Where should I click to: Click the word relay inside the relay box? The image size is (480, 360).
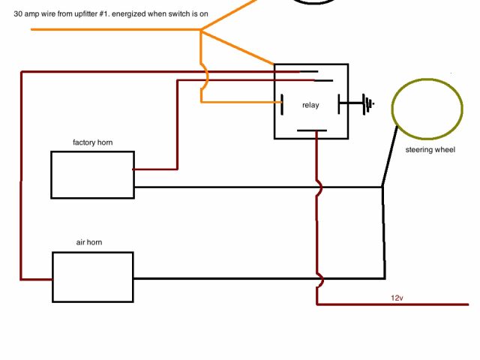(310, 105)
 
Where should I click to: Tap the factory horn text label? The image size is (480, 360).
(93, 142)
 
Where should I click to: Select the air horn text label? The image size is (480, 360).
(89, 243)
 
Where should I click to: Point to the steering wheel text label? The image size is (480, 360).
(430, 150)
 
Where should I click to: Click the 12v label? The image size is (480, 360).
(397, 298)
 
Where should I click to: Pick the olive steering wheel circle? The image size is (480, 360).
(427, 109)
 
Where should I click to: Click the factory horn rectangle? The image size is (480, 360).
(92, 175)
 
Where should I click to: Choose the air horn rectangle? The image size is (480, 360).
(92, 277)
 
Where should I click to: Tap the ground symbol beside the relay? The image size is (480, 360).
(367, 103)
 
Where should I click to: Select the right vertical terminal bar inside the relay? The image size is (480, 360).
(340, 103)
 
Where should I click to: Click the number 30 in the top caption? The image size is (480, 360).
(18, 13)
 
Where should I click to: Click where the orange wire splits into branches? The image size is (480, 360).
(201, 31)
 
